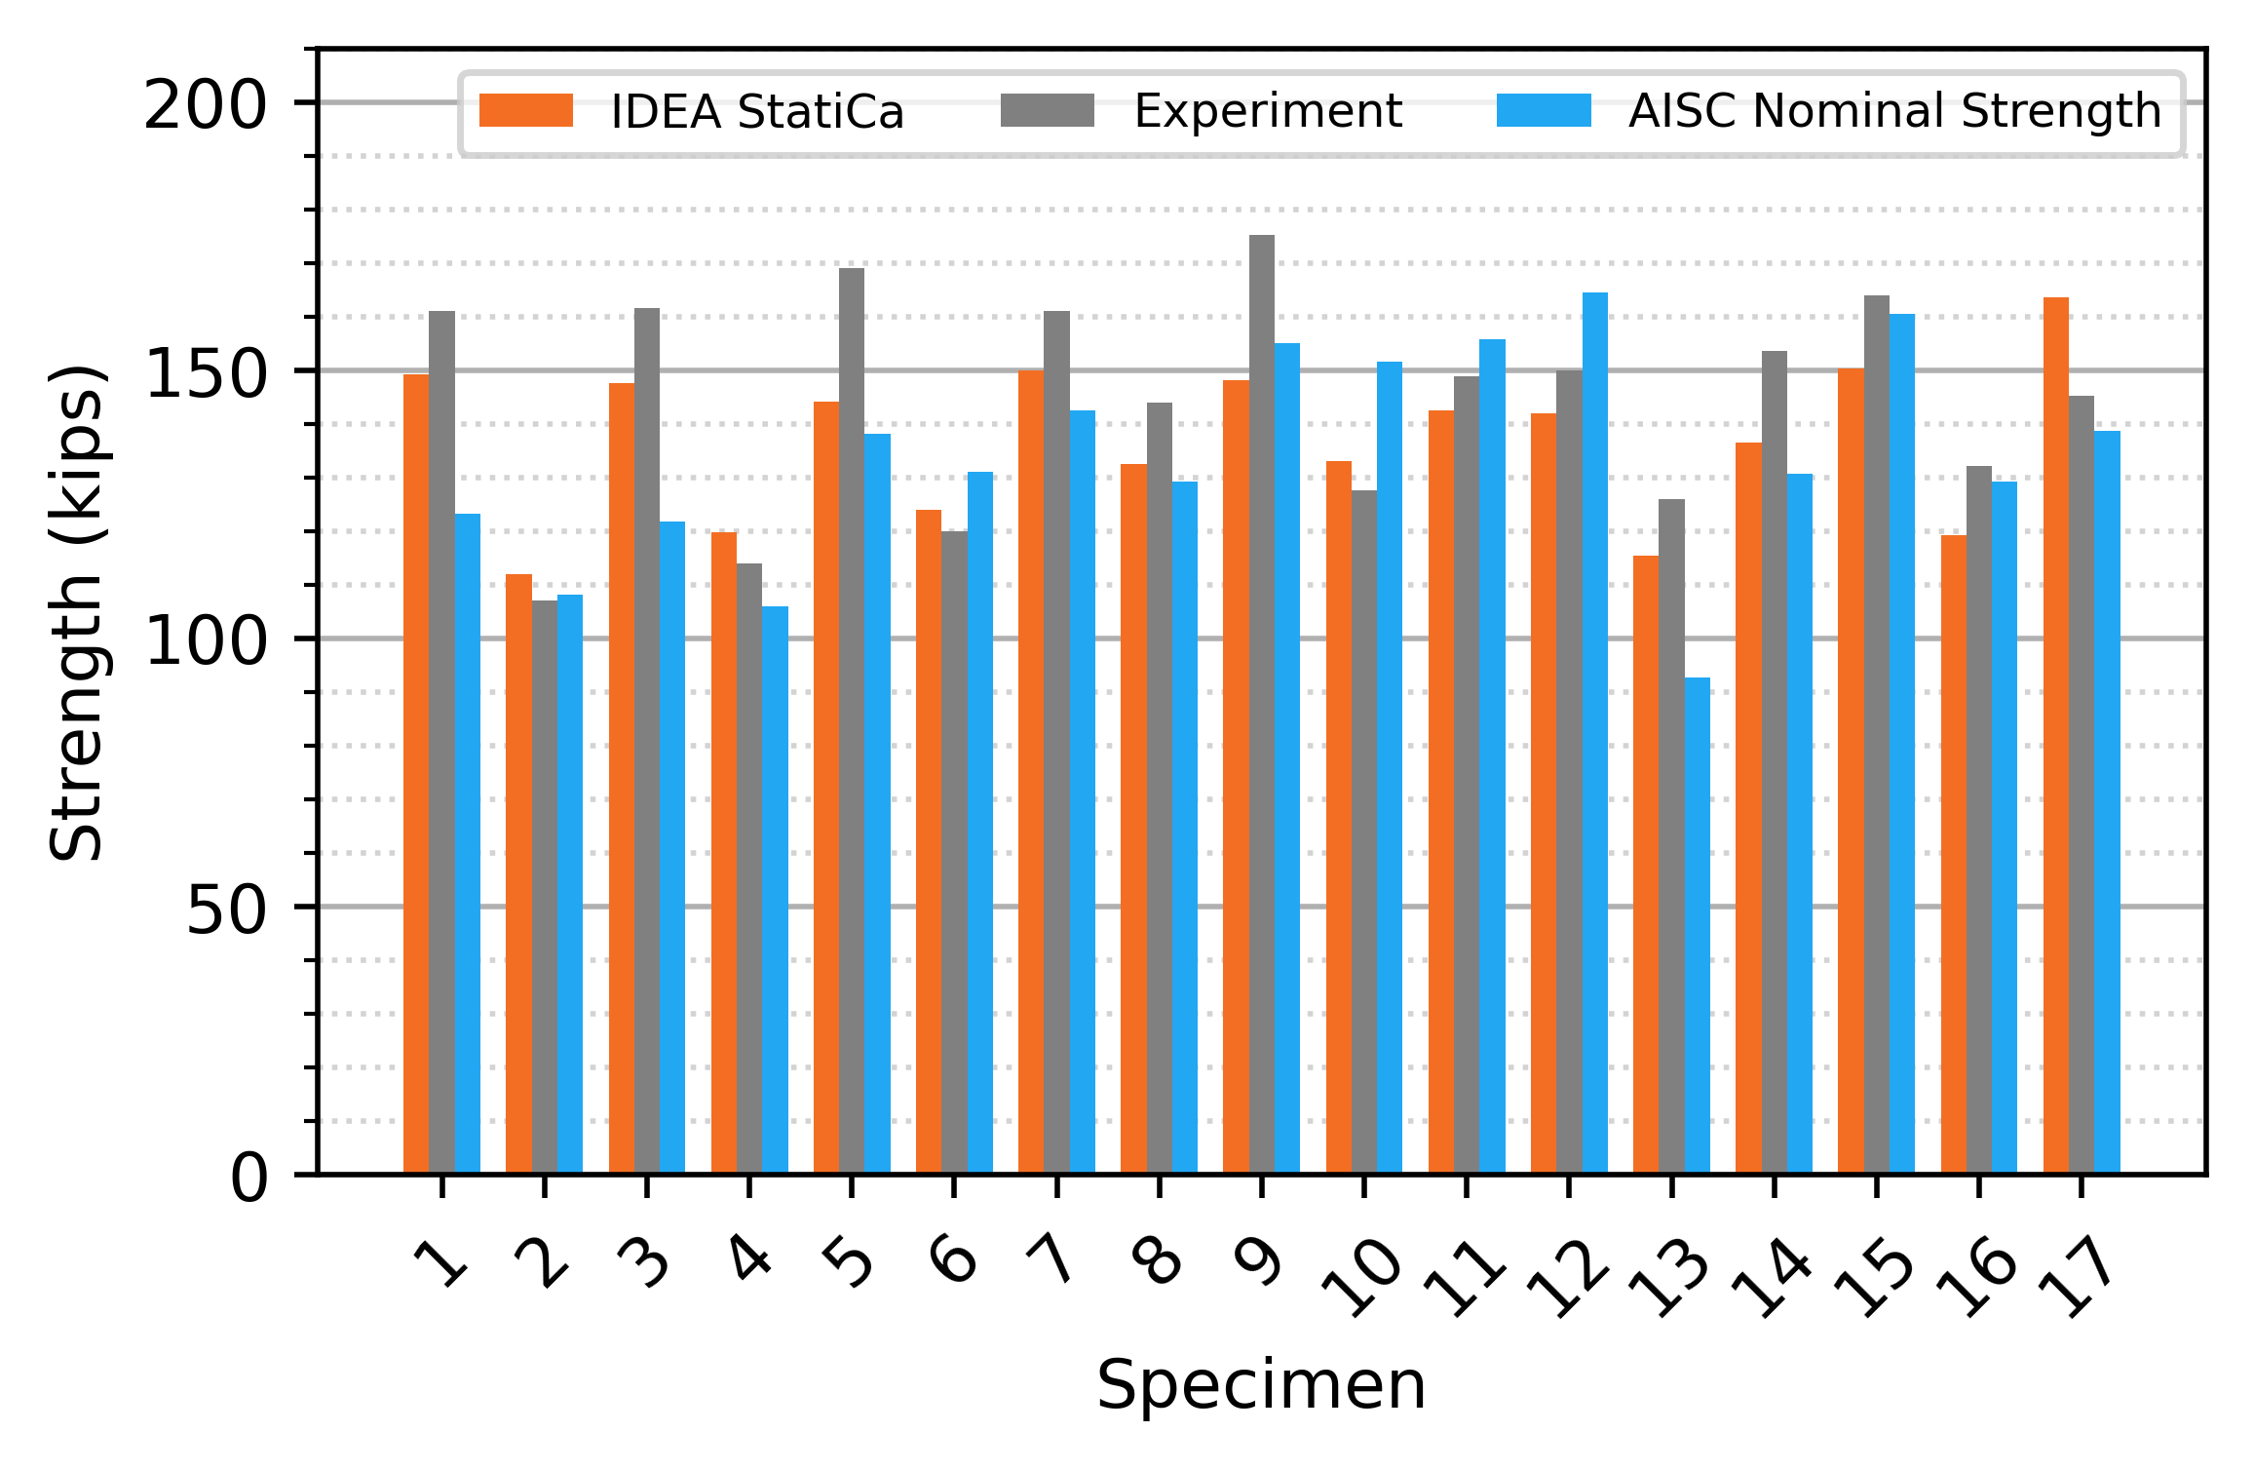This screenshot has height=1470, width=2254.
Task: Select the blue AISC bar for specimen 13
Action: pos(1697,925)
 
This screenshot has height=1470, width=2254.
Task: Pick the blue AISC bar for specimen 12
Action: pos(1594,732)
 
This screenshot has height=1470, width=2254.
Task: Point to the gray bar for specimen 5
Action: pos(852,720)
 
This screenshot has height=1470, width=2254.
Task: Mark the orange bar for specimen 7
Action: pos(1031,771)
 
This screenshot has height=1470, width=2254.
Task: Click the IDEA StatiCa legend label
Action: pos(757,112)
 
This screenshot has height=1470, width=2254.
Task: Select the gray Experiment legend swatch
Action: pos(1048,111)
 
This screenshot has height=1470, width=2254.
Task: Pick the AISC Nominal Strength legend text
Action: pos(1894,111)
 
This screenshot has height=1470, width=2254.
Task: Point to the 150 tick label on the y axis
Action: pos(205,373)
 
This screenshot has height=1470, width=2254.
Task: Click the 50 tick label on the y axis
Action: pos(225,910)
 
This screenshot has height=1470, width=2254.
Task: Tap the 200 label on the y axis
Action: pos(205,106)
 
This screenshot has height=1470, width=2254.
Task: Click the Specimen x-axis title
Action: pos(1261,1385)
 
